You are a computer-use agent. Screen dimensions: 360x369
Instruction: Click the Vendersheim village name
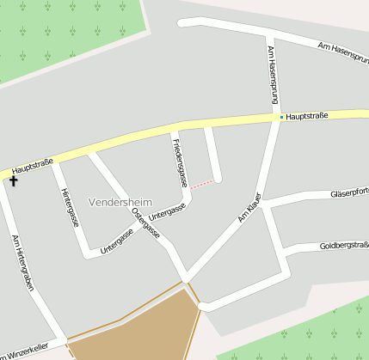(x=120, y=202)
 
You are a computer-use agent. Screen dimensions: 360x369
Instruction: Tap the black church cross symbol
(x=13, y=180)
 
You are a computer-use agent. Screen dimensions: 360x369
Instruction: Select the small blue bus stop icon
(x=281, y=116)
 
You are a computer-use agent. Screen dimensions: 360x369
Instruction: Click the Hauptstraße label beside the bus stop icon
(x=307, y=115)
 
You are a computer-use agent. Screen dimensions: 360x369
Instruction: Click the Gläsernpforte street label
(x=348, y=193)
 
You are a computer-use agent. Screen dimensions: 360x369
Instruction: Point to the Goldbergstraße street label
(x=343, y=246)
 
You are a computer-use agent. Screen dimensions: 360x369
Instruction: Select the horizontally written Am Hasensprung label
(x=342, y=50)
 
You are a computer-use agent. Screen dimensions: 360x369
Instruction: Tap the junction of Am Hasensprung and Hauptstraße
(x=277, y=117)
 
